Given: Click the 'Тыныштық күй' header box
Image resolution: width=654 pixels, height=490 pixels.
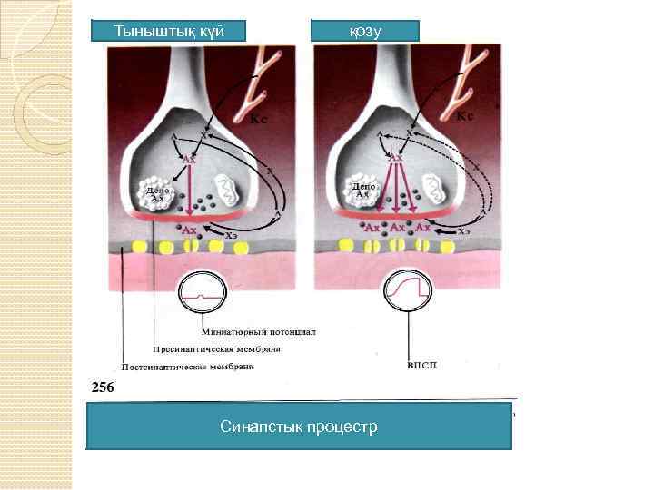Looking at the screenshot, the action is (x=169, y=31).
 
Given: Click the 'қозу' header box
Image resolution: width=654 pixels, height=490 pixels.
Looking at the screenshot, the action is (x=365, y=31).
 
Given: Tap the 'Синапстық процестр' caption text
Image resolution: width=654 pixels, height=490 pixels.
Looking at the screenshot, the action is (x=299, y=426).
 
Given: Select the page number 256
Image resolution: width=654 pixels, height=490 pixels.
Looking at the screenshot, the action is (x=102, y=387).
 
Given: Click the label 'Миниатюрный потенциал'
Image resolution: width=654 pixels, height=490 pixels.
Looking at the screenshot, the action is (x=258, y=332).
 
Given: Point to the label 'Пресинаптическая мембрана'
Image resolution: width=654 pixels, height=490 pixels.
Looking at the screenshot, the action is (x=216, y=349).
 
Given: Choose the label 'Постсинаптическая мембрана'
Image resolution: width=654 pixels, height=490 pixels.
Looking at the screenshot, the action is (x=187, y=367).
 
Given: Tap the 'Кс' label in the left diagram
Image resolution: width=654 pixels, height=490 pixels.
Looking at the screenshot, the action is (x=259, y=119).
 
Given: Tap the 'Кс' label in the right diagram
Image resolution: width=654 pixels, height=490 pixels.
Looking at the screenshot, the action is (x=464, y=116).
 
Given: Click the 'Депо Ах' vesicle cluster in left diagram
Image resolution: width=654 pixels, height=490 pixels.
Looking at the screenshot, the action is (x=155, y=191).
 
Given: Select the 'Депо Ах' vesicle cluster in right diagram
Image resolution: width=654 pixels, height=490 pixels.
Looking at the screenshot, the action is (x=362, y=190).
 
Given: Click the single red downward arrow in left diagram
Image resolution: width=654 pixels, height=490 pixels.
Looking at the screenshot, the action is (x=189, y=190).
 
